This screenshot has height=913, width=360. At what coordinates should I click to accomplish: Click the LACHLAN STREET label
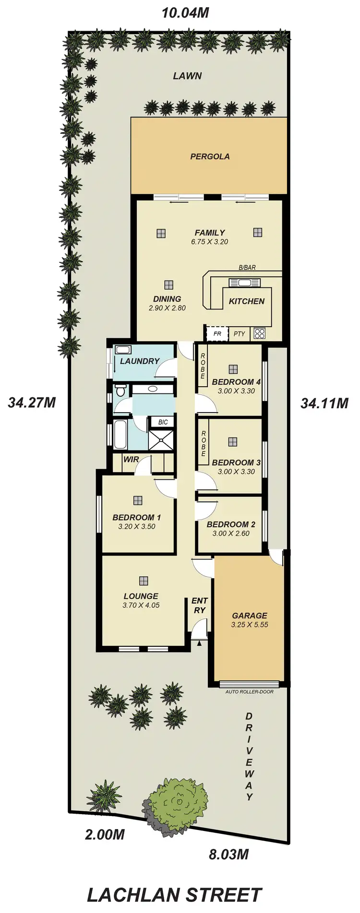[x=174, y=895]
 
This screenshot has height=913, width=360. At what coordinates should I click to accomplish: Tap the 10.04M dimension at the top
[x=185, y=13]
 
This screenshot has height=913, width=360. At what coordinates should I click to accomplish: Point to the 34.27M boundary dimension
[x=32, y=403]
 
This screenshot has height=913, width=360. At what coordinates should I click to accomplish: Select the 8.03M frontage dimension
[x=228, y=854]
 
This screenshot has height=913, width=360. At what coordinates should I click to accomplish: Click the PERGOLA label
[x=210, y=156]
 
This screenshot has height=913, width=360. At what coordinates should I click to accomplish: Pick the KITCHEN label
[x=247, y=301]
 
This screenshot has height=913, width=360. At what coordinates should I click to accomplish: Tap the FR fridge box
[x=217, y=333]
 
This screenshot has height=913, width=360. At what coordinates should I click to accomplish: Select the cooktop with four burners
[x=260, y=333]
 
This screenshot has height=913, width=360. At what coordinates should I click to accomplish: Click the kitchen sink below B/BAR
[x=240, y=282]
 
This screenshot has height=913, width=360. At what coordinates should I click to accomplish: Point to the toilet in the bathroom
[x=120, y=391]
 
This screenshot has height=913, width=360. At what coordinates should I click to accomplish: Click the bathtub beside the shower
[x=120, y=434]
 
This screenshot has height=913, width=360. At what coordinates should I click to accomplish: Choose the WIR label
[x=131, y=459]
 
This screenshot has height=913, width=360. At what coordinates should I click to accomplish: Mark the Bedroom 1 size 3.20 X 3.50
[x=137, y=526]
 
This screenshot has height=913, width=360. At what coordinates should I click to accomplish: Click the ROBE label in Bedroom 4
[x=203, y=366]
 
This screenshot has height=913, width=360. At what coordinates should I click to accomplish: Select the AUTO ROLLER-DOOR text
[x=250, y=692]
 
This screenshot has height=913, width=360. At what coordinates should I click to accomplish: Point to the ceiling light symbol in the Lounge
[x=144, y=581]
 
